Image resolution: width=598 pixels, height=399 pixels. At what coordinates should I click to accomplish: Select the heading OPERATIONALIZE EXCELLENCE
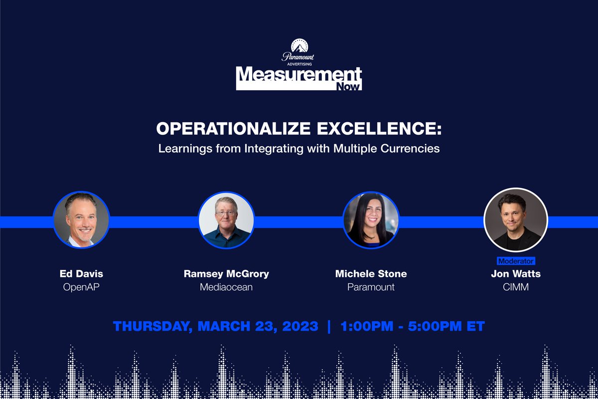pyautogui.click(x=299, y=129)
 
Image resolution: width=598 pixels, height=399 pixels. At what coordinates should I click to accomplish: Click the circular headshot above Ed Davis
pyautogui.click(x=81, y=219)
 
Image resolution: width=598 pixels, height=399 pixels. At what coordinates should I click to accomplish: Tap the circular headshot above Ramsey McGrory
pyautogui.click(x=226, y=219)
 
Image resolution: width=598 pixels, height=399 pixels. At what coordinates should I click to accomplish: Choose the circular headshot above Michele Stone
pyautogui.click(x=371, y=219)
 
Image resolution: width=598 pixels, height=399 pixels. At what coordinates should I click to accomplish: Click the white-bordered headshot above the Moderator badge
pyautogui.click(x=516, y=219)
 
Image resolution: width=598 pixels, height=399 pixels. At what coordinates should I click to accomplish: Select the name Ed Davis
pyautogui.click(x=81, y=274)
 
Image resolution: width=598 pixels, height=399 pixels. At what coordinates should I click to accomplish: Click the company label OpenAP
pyautogui.click(x=81, y=287)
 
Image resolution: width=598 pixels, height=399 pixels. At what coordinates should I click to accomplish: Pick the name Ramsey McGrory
pyautogui.click(x=226, y=274)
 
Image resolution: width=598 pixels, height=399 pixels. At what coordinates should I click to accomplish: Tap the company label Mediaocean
pyautogui.click(x=226, y=287)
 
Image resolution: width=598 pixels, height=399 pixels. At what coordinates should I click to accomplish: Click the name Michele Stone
pyautogui.click(x=371, y=274)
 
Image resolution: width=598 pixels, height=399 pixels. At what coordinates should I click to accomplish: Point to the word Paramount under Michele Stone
pyautogui.click(x=371, y=287)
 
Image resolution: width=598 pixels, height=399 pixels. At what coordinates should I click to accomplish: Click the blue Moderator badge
pyautogui.click(x=516, y=261)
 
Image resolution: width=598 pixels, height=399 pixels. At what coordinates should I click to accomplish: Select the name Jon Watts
pyautogui.click(x=516, y=274)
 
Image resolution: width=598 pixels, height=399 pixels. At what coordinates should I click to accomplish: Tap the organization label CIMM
pyautogui.click(x=516, y=287)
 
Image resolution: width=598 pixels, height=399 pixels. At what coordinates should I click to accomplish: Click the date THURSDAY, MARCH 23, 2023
pyautogui.click(x=215, y=327)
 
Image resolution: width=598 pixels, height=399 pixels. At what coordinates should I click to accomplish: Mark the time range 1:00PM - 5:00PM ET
pyautogui.click(x=413, y=327)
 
